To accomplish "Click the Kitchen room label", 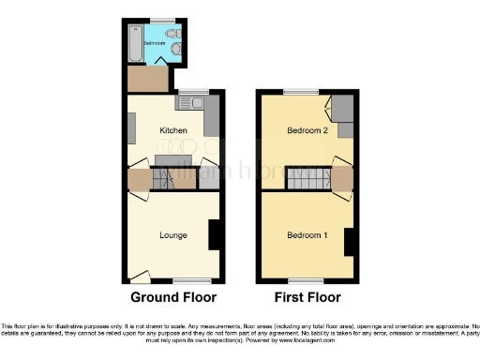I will (173, 130).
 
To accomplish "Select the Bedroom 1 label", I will (307, 234).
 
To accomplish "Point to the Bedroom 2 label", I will (307, 130).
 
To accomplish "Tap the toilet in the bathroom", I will (182, 52).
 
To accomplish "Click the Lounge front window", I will (195, 280).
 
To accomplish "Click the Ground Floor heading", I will (173, 298).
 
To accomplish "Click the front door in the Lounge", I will (140, 275).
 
